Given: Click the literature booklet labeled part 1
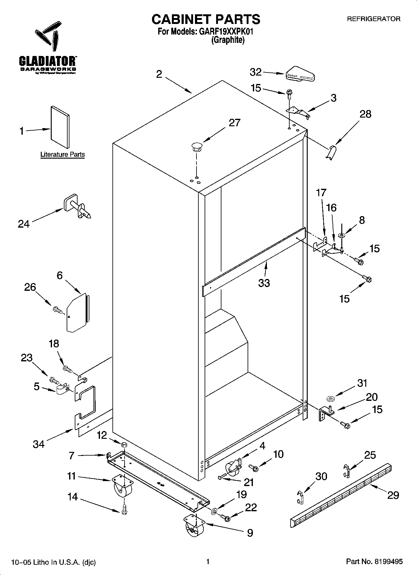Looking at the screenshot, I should pos(60,127).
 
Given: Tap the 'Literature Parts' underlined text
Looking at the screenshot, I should pos(63,155).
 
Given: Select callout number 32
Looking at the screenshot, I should pos(256,72).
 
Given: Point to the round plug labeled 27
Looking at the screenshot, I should pos(197,146).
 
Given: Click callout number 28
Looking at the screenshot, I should pos(365,114).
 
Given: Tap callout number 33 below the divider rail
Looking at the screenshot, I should pos(264,283).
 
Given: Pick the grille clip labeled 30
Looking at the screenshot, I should pos(300,497).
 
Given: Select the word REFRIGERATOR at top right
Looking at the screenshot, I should pos(373,19).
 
